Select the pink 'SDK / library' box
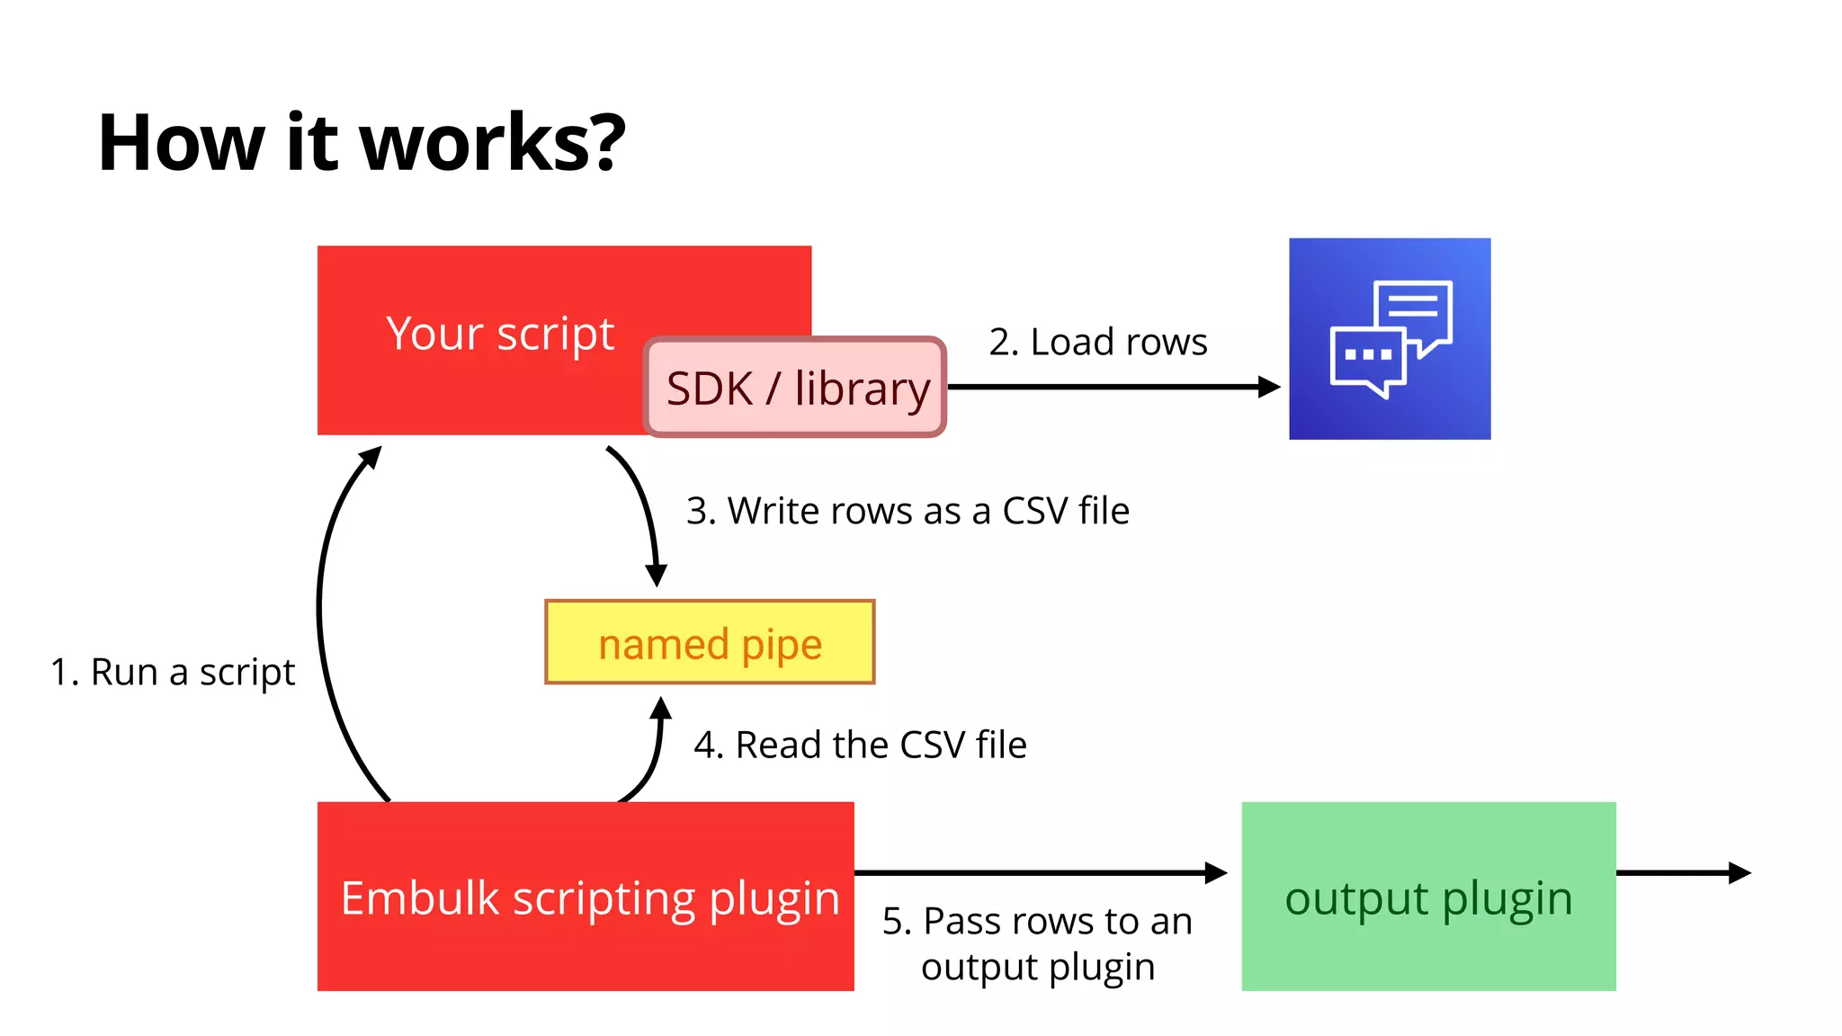pyautogui.click(x=796, y=388)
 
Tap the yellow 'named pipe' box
pyautogui.click(x=710, y=643)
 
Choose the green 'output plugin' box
pyautogui.click(x=1428, y=897)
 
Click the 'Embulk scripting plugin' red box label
pyautogui.click(x=589, y=898)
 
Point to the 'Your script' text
pyautogui.click(x=500, y=334)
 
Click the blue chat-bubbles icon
pyautogui.click(x=1390, y=339)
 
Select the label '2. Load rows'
pyautogui.click(x=1098, y=342)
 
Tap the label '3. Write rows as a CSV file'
pyautogui.click(x=908, y=511)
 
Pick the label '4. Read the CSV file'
pyautogui.click(x=860, y=745)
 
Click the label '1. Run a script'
pyautogui.click(x=173, y=672)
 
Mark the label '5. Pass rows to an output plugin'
pyautogui.click(x=1037, y=943)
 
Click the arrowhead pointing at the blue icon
pyautogui.click(x=1269, y=387)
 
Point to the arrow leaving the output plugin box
pyautogui.click(x=1682, y=872)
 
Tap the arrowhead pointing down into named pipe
pyautogui.click(x=657, y=576)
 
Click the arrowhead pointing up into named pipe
pyautogui.click(x=661, y=709)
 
